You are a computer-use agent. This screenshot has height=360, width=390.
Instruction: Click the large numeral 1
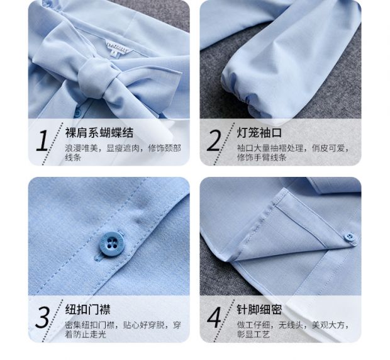click(42, 141)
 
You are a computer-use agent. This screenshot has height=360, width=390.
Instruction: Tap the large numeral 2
click(214, 141)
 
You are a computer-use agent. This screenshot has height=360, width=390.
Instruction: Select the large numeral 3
click(42, 318)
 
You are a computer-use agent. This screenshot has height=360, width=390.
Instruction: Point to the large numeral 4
click(214, 318)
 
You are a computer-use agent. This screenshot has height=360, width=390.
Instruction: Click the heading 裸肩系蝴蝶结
click(99, 133)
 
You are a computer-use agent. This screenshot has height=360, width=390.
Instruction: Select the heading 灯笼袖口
click(259, 133)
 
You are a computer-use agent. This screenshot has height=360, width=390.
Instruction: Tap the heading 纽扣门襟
click(87, 310)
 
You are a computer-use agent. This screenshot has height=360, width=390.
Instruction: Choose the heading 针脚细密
click(259, 310)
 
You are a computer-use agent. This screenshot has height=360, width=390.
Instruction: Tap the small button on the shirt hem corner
click(350, 237)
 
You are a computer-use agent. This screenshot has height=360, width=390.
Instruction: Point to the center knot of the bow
click(94, 79)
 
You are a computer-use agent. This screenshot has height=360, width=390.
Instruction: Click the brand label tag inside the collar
click(118, 47)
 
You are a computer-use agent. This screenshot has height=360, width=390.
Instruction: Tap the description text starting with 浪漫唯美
click(123, 153)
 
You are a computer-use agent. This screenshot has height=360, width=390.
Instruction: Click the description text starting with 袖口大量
click(293, 153)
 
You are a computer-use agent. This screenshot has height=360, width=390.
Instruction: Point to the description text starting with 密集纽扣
click(123, 329)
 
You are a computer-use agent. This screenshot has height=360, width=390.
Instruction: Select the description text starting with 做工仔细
click(293, 329)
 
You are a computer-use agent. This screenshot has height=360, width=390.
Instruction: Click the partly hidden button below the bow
click(77, 113)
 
